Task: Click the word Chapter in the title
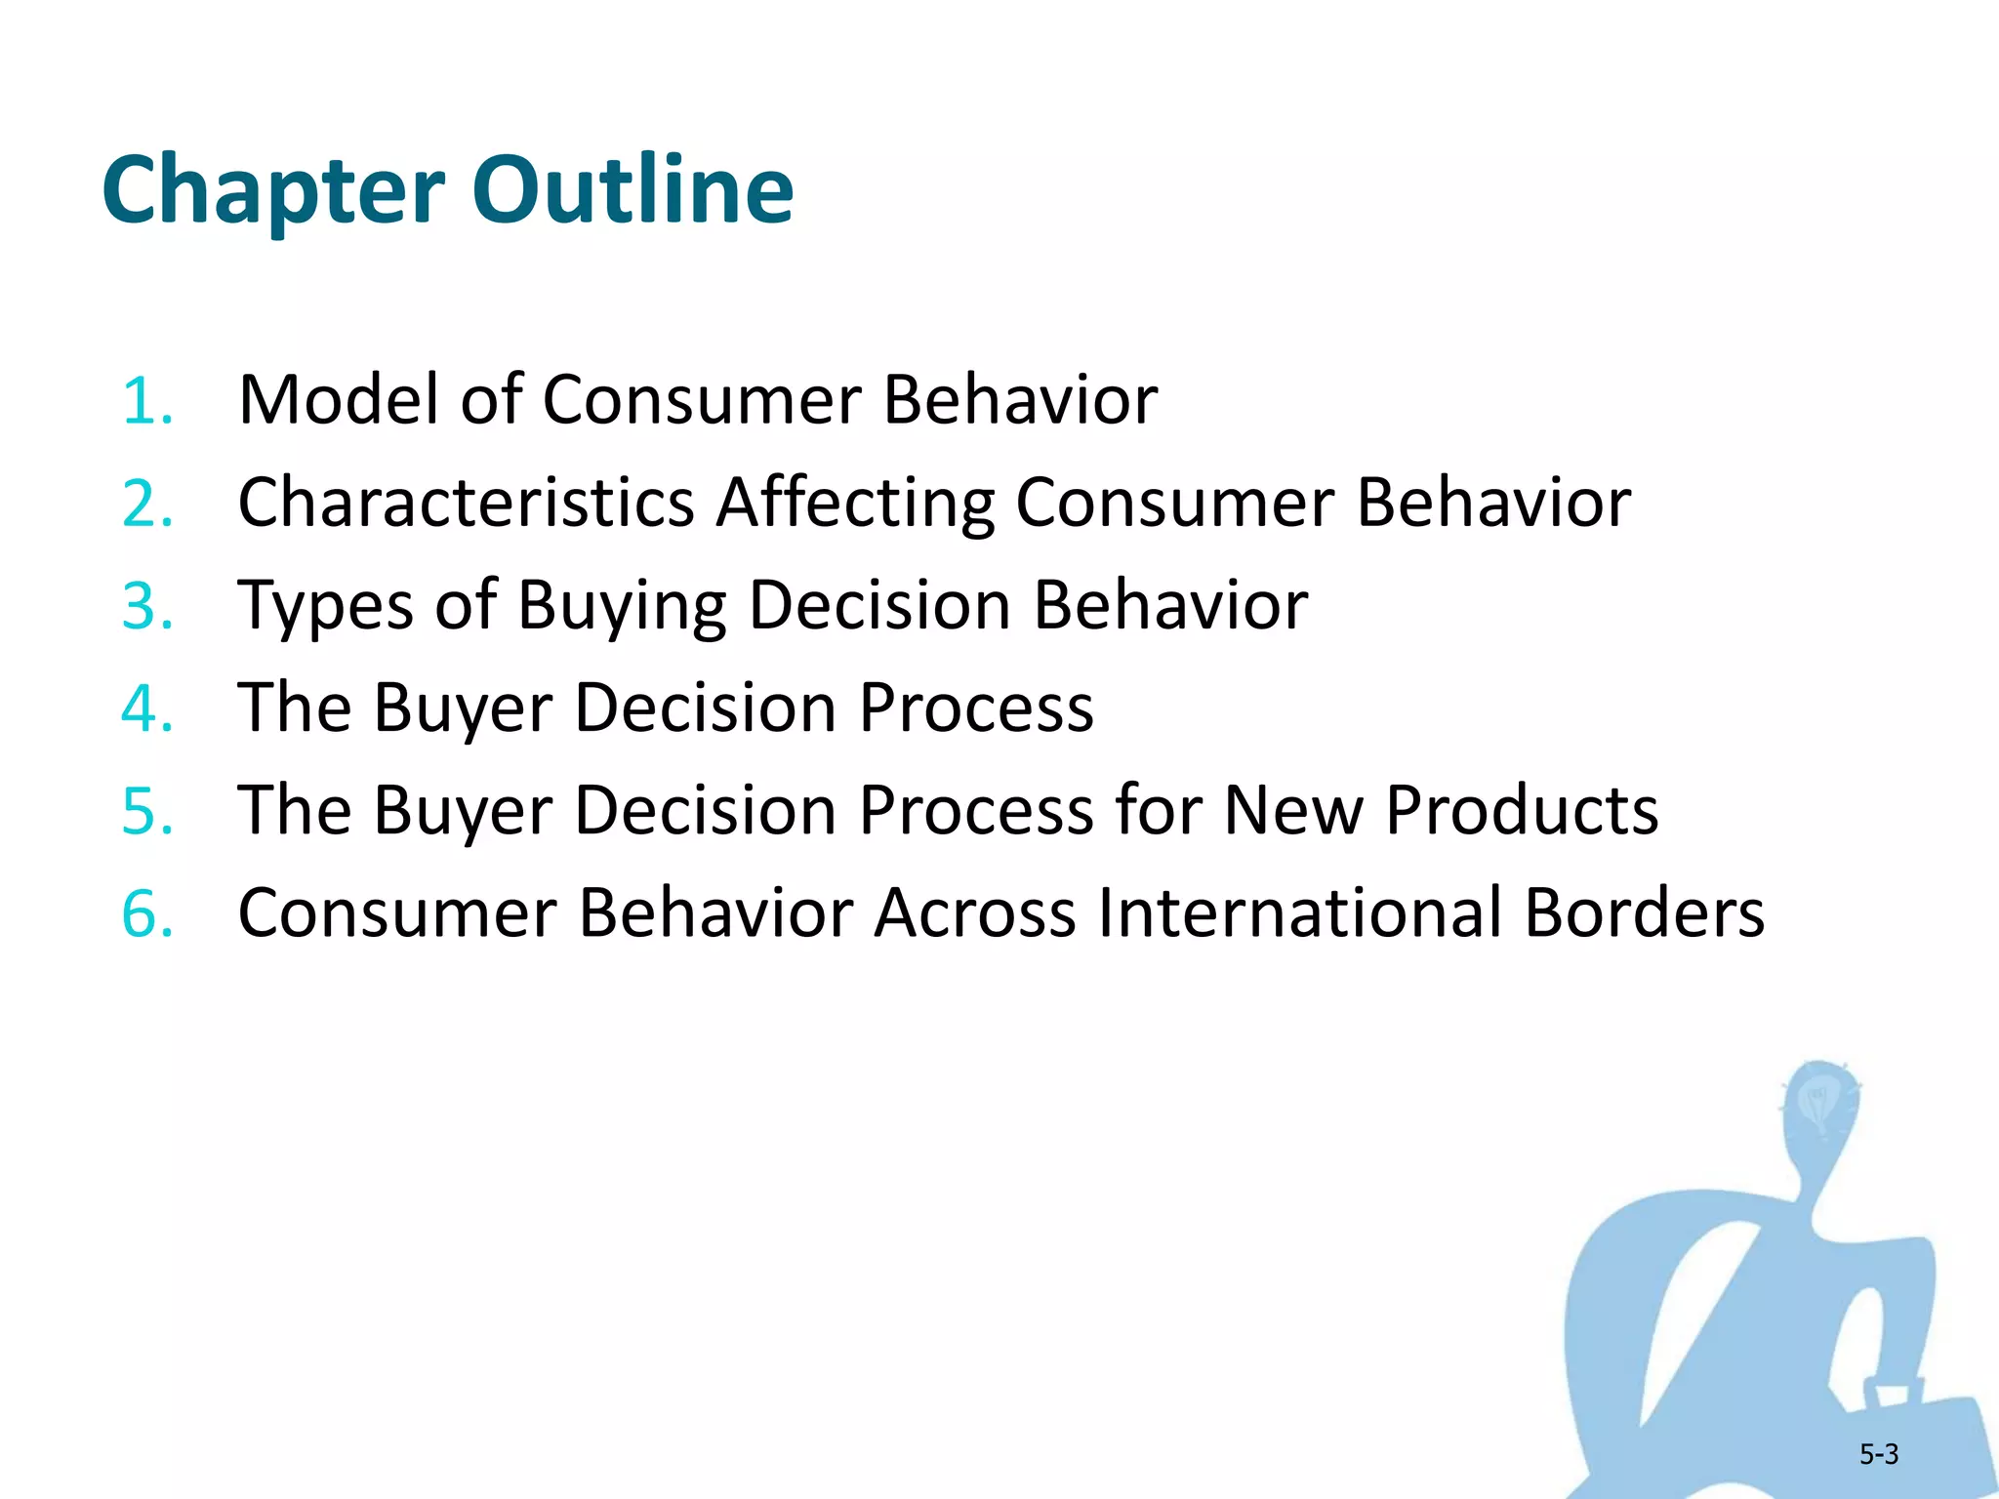click(x=273, y=190)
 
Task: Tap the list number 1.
click(x=146, y=401)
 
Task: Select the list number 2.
click(x=146, y=504)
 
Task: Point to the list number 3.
click(x=146, y=606)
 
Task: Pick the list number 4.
click(x=146, y=709)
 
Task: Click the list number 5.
click(x=146, y=811)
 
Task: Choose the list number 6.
click(x=146, y=914)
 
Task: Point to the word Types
click(x=326, y=607)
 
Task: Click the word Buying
click(x=622, y=607)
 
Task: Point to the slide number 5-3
click(x=1878, y=1454)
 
